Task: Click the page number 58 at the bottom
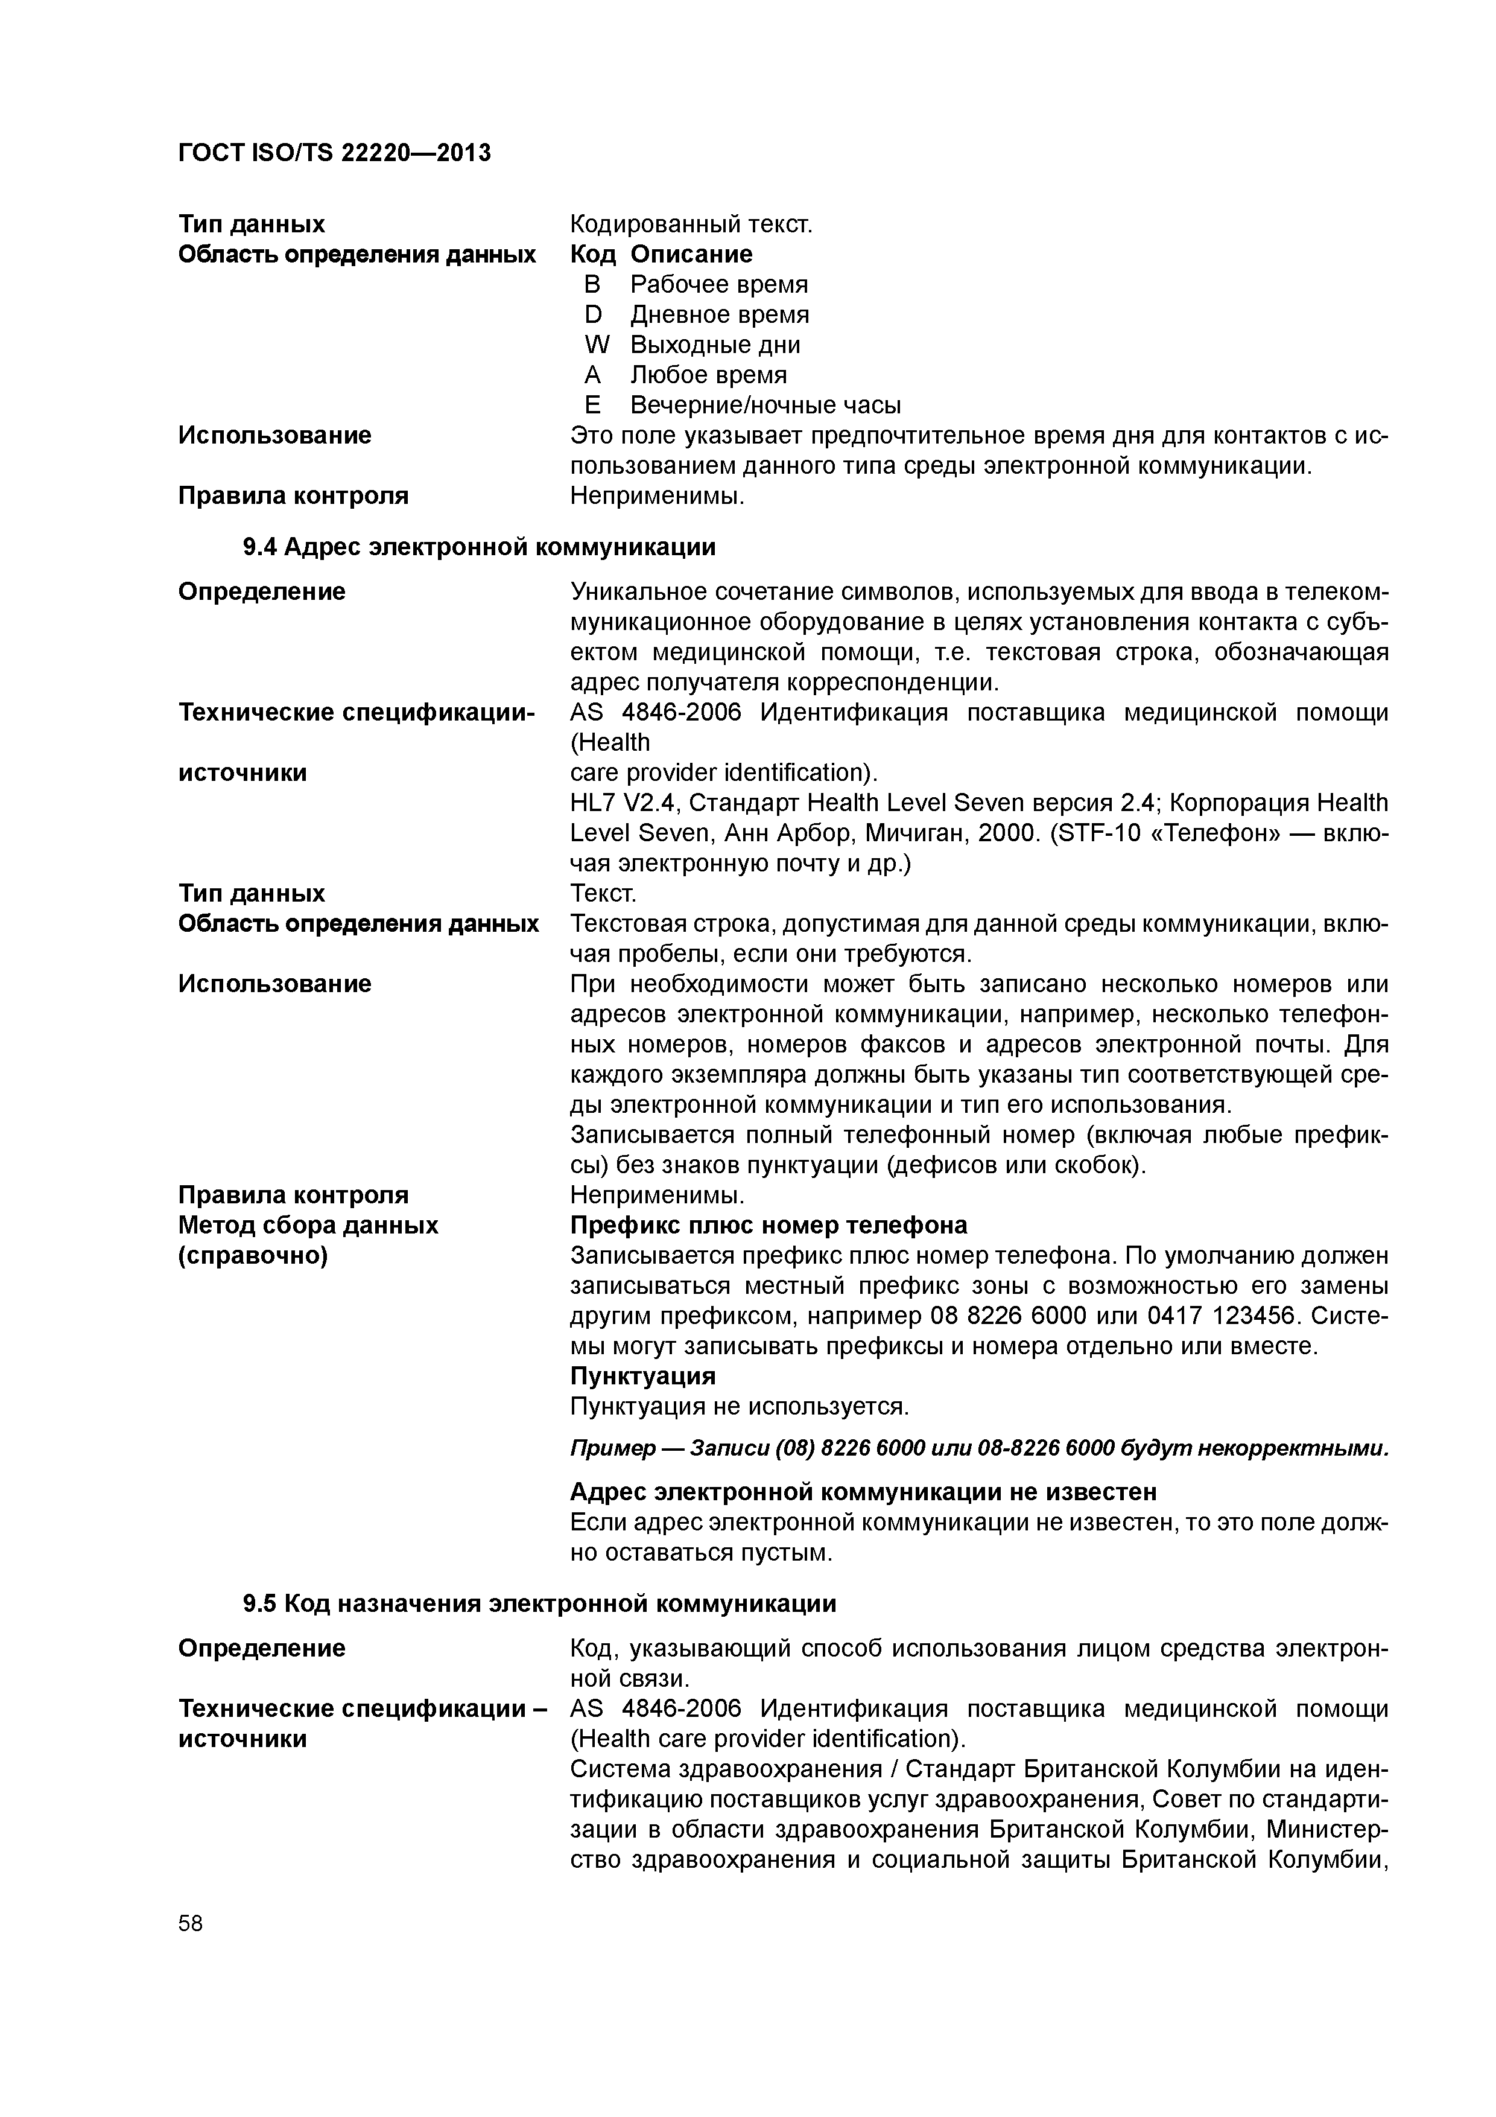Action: click(x=190, y=1923)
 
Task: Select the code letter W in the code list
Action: click(x=597, y=345)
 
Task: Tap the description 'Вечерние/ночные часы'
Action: click(x=765, y=406)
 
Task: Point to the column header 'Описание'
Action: click(x=691, y=255)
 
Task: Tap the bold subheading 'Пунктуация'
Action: click(x=642, y=1377)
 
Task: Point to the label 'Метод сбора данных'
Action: click(x=308, y=1226)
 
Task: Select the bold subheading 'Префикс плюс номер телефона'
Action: click(x=769, y=1226)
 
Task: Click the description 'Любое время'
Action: click(x=708, y=375)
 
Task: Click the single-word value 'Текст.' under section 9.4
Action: click(x=603, y=894)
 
